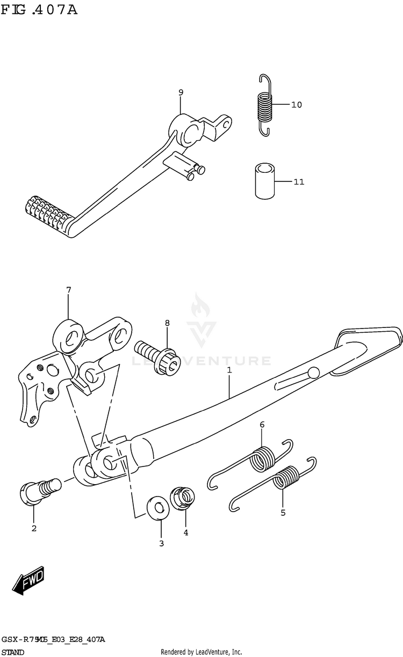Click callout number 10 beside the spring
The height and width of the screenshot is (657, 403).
296,105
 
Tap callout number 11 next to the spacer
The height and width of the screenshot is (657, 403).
298,182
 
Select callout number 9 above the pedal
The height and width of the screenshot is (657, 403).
181,93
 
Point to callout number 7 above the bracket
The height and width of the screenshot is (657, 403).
68,290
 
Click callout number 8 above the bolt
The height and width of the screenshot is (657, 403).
167,323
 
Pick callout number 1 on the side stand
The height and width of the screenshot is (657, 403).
229,370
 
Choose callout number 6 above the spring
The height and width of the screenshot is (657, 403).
262,425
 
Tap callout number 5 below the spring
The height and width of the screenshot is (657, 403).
283,513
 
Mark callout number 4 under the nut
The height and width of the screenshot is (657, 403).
185,533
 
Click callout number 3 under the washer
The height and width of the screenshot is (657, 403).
161,543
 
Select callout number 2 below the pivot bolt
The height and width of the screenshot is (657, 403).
34,529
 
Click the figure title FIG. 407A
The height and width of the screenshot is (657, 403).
39,9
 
